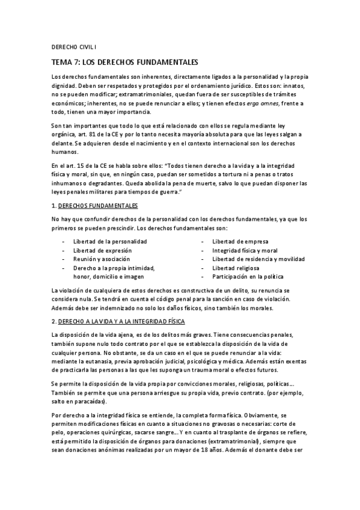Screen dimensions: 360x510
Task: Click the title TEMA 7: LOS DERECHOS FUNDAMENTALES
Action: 124,63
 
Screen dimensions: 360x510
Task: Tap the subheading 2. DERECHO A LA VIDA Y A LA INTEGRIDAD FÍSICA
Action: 119,321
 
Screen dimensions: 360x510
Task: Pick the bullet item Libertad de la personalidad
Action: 110,241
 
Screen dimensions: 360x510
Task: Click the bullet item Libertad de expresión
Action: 102,250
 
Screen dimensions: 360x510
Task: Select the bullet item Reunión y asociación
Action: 101,259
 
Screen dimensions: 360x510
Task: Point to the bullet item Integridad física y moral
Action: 245,250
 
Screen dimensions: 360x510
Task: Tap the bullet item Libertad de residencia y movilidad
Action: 258,259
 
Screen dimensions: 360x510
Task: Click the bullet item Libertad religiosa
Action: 237,268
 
